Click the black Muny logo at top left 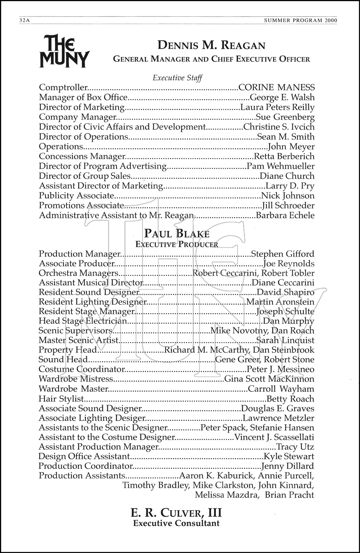(x=64, y=51)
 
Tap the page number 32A (x=24, y=21)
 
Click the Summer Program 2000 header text (x=301, y=21)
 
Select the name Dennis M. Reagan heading (x=211, y=46)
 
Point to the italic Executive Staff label (x=177, y=78)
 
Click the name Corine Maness (x=276, y=88)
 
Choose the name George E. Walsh (x=282, y=98)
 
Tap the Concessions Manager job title (x=82, y=156)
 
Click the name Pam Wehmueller (x=280, y=166)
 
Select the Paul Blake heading (x=177, y=234)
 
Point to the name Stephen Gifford (x=282, y=254)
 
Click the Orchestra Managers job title (x=78, y=273)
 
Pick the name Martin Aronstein (x=280, y=302)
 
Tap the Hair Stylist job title (x=61, y=399)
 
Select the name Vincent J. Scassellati (x=274, y=438)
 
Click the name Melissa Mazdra (x=226, y=495)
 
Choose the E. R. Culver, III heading (x=176, y=513)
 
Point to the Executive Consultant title (x=176, y=523)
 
